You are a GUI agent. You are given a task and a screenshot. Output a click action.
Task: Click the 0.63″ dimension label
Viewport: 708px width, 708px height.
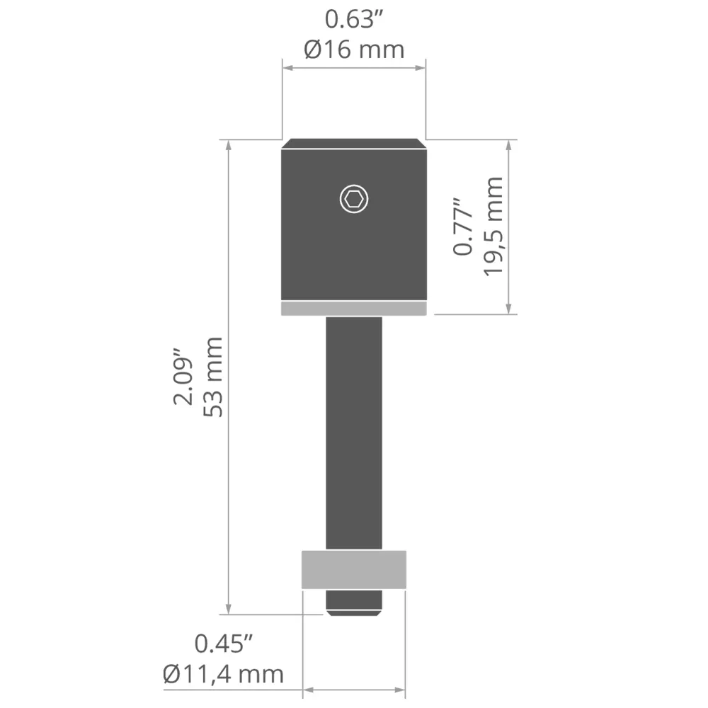pos(353,20)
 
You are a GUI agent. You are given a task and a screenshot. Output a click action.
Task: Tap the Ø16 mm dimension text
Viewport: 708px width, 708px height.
pos(354,50)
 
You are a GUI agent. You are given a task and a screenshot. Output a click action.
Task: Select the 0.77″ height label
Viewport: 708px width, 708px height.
pos(462,227)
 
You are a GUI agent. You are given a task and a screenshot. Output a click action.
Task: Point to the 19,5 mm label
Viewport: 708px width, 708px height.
pos(493,227)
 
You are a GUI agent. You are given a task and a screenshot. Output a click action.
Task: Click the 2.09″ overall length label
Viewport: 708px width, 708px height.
pos(183,377)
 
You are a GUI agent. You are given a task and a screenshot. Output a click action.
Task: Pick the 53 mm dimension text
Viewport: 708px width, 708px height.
pos(213,377)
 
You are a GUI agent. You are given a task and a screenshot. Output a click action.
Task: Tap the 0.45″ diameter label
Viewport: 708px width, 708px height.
pos(224,644)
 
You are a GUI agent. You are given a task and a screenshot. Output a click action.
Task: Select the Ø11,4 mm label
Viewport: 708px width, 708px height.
pos(224,674)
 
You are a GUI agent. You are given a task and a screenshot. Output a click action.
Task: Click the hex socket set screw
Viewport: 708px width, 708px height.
pos(354,199)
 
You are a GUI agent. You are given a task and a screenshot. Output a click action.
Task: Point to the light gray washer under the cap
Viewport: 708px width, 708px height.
pos(354,309)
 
